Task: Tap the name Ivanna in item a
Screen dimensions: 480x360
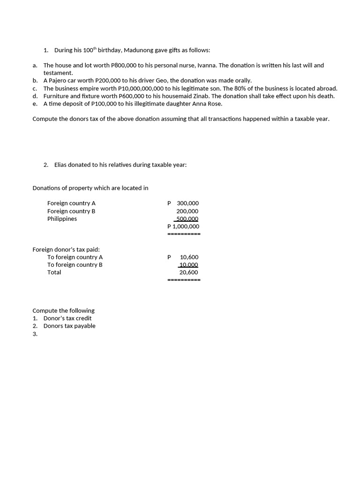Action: click(x=206, y=66)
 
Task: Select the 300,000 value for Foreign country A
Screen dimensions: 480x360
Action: click(x=187, y=203)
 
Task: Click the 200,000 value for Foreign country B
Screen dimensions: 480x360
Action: click(x=187, y=211)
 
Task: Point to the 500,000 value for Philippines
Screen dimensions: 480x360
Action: click(x=187, y=219)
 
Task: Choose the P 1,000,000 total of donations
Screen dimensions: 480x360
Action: click(x=183, y=226)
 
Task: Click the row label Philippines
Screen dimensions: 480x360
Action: click(x=62, y=219)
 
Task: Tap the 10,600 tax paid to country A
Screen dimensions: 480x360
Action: click(x=189, y=257)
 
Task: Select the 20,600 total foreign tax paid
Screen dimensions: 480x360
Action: click(x=188, y=272)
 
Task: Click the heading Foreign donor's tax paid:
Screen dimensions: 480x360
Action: click(x=66, y=249)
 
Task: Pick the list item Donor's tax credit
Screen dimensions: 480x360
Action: click(x=67, y=318)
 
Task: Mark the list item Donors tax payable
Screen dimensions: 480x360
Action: click(x=69, y=326)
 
